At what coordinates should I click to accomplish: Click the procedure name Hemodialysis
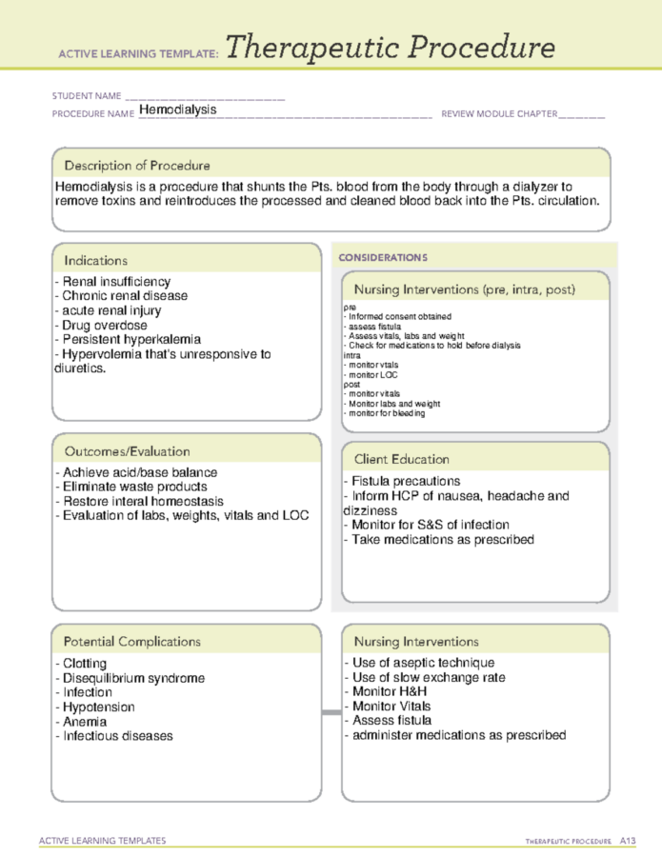pos(177,110)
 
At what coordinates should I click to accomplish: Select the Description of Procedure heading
pos(137,166)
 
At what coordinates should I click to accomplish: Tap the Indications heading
pos(95,260)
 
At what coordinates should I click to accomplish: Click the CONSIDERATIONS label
pos(383,257)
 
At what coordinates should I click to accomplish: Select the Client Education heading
pos(401,459)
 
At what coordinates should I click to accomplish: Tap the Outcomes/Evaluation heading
pos(127,451)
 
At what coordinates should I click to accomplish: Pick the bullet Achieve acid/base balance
pos(135,472)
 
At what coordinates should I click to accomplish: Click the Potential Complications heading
pos(132,642)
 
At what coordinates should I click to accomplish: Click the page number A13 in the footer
pos(627,840)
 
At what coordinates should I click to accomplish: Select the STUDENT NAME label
pos(87,96)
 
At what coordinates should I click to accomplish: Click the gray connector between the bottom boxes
pos(331,712)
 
